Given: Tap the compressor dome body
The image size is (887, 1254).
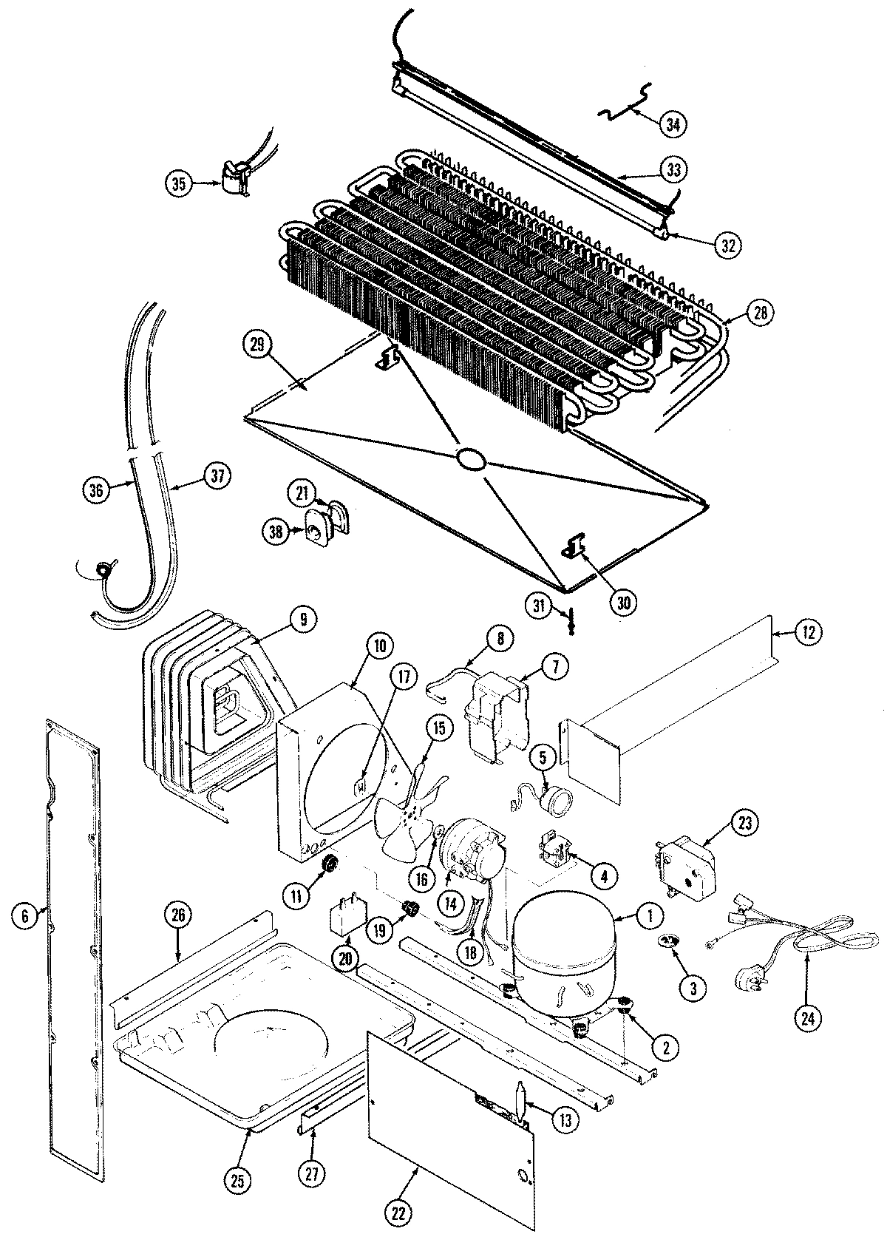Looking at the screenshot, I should tap(563, 954).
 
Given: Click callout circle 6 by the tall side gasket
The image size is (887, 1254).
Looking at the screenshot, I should tap(24, 916).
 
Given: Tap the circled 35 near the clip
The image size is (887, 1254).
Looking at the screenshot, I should tap(179, 183).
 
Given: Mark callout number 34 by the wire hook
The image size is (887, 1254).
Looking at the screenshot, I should tap(672, 124).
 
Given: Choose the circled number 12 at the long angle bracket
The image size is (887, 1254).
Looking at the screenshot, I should tap(807, 632).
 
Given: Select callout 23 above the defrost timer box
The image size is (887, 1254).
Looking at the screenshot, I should tap(744, 822).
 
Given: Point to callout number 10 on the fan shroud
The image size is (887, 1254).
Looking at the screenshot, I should tap(378, 645).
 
